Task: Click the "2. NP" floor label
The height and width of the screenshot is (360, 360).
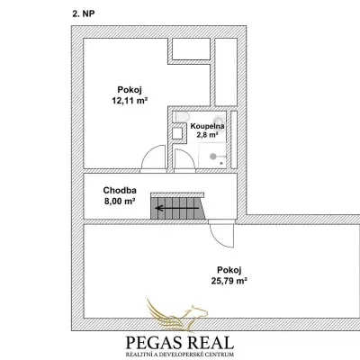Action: point(84,13)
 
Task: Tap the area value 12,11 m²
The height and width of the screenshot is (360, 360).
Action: point(130,101)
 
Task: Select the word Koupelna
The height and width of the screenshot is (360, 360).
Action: point(207,126)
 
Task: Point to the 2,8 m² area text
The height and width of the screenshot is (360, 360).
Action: point(207,135)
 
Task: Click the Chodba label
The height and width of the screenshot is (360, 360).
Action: point(120,191)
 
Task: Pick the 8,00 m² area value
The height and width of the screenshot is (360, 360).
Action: point(119,202)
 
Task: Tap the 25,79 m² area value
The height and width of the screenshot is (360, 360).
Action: point(229,281)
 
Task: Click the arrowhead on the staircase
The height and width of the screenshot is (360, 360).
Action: point(159,208)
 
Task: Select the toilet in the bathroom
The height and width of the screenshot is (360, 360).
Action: point(181,117)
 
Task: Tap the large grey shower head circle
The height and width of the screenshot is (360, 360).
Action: point(213,157)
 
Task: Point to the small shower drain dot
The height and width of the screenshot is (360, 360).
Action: point(221,163)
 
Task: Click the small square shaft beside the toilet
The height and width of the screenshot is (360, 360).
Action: point(177,133)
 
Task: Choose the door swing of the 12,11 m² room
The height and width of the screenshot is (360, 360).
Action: point(147,153)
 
